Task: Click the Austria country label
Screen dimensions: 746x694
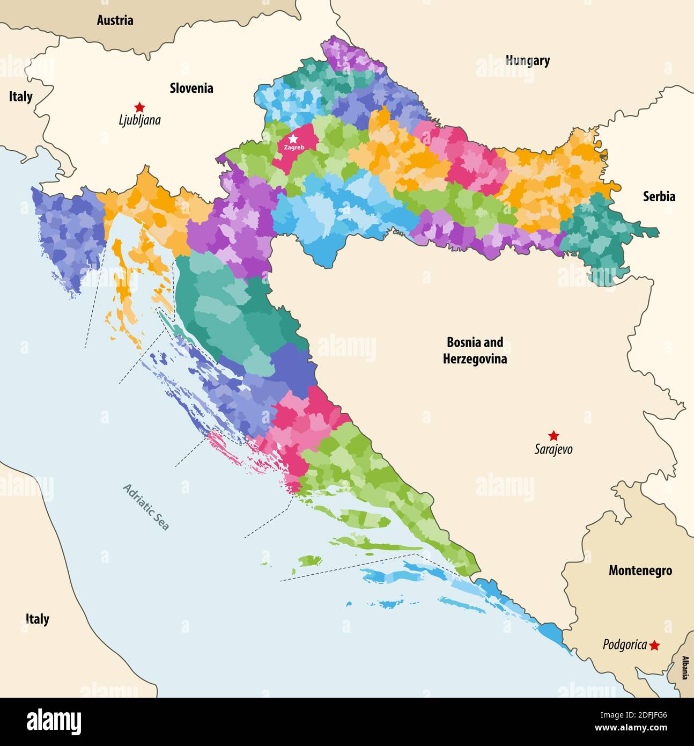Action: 115,20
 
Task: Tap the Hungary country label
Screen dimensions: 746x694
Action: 528,61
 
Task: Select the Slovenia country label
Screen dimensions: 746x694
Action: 191,88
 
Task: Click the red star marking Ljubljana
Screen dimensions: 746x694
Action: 139,107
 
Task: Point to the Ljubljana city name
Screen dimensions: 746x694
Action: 139,120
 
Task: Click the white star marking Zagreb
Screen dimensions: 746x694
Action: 293,139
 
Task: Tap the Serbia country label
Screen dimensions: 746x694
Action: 659,196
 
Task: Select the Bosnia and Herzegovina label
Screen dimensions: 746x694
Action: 475,350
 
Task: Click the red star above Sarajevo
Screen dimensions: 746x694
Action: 553,435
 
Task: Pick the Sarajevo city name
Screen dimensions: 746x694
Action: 553,449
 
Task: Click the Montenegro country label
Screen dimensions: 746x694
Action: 640,571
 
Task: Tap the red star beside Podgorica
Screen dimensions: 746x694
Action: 654,645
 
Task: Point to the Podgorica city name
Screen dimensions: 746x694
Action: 624,645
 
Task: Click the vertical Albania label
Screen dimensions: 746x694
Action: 685,668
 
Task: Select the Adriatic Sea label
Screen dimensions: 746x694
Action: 146,507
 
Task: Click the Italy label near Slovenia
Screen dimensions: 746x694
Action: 20,97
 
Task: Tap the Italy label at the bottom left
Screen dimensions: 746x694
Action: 37,619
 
